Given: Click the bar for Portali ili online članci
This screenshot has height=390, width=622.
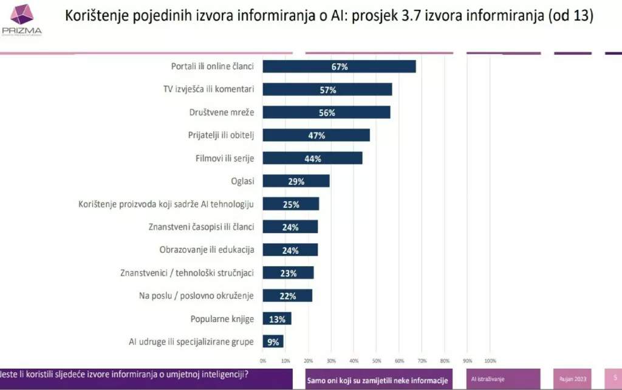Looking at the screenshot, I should (x=339, y=66).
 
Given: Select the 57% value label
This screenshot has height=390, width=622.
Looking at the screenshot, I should (x=328, y=90).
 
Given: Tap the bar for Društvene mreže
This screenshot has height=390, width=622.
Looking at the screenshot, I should (x=326, y=112).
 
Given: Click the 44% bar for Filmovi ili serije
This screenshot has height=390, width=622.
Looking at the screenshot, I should (x=312, y=158).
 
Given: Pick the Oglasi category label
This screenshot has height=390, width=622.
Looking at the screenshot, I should (x=242, y=181).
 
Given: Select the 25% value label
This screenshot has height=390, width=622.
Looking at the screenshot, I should (x=291, y=204).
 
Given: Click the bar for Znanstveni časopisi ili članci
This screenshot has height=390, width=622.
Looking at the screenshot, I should (x=290, y=227).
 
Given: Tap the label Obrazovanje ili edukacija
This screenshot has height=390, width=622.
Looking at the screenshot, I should (x=207, y=250).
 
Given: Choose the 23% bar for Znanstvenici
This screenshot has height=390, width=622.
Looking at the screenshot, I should (x=288, y=273).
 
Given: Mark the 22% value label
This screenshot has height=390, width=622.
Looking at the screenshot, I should (x=288, y=296).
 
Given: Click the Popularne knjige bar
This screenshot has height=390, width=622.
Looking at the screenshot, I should (x=276, y=318).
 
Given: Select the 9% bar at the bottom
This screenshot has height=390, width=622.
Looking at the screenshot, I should (x=273, y=341).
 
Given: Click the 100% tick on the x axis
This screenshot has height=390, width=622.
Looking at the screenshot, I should (x=490, y=360).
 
